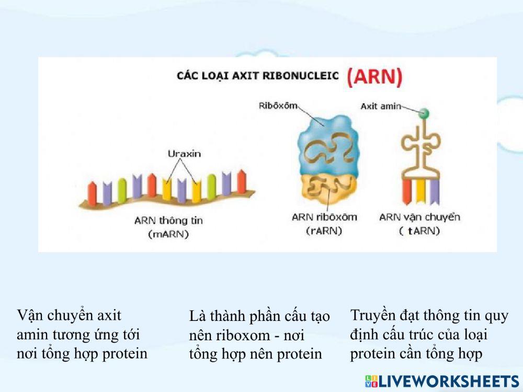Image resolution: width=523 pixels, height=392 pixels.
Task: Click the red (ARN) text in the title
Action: [374, 77]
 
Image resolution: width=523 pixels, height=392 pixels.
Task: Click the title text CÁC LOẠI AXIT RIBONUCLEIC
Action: [258, 76]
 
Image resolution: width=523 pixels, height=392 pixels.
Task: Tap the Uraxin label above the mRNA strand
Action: [184, 154]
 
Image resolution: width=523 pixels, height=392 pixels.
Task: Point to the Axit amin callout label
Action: [381, 106]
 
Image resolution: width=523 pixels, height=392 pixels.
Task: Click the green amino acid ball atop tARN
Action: [424, 113]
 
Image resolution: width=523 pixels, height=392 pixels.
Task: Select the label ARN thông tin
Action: [168, 220]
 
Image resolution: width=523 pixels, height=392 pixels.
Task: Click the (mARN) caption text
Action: [168, 234]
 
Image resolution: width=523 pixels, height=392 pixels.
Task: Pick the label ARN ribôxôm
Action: [324, 217]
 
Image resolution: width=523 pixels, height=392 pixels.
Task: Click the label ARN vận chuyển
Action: [419, 217]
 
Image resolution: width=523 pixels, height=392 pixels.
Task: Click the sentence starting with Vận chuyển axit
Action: [82, 335]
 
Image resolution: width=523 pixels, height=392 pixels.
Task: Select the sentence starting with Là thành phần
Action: [259, 335]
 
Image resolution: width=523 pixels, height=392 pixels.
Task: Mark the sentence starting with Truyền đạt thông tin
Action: [429, 335]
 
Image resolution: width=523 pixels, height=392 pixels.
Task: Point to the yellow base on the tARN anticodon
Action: [423, 191]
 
